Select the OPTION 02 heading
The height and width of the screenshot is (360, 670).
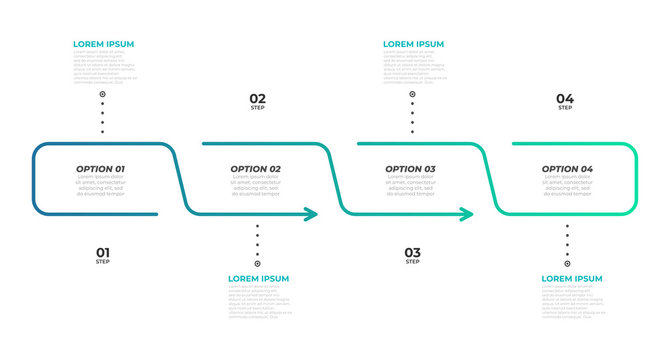(256, 169)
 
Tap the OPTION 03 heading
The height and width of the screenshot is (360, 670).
(411, 169)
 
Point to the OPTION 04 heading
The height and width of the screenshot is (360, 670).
(567, 169)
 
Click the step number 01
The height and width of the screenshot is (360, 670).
(102, 252)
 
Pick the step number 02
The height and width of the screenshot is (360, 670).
(258, 98)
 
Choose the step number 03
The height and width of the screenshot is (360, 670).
(412, 252)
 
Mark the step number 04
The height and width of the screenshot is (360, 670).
(565, 98)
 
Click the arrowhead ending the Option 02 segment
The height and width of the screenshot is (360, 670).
(312, 214)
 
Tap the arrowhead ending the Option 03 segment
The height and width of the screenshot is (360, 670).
(467, 214)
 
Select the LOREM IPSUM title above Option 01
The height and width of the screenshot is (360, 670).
(104, 45)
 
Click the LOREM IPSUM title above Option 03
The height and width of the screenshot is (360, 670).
(414, 45)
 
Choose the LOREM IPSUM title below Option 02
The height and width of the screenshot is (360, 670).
(259, 278)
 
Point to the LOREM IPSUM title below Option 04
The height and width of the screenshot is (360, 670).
(572, 278)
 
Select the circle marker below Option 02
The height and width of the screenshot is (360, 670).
(257, 264)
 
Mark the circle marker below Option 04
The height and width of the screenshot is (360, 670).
(567, 264)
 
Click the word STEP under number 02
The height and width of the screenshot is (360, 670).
(258, 108)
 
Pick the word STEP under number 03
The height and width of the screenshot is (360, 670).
(412, 262)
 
